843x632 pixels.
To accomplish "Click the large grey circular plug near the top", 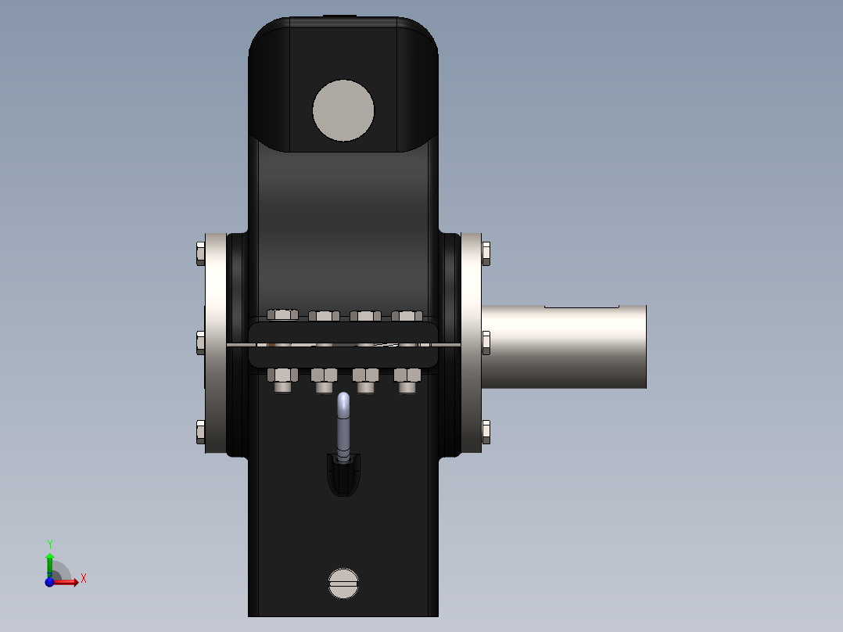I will coord(343,110).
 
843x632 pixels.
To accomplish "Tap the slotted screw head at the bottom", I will coord(343,583).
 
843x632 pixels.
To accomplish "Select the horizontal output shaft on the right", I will coord(563,347).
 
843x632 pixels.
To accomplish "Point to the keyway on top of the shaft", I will coord(581,305).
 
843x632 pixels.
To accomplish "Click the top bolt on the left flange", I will coord(199,253).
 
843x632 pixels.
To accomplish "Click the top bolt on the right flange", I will coord(486,253).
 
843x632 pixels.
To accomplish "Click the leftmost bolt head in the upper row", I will coord(282,314).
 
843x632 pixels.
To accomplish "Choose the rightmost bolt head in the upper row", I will coord(407,316).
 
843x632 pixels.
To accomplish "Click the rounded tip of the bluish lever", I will coord(343,401).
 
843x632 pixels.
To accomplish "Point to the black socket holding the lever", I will coord(343,475).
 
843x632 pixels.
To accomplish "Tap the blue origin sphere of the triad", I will coord(48,582).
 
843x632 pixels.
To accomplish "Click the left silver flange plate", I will coord(215,343).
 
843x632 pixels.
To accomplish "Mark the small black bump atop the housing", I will coord(340,16).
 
